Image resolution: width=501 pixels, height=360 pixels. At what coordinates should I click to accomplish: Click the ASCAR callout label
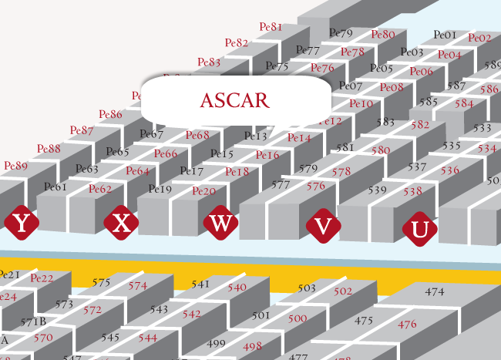coord(235,100)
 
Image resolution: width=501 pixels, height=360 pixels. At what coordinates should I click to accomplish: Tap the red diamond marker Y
coord(22,224)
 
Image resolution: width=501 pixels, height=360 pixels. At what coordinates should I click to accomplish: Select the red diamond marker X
coord(121,223)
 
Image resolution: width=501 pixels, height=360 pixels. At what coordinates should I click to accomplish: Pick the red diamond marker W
coord(221,224)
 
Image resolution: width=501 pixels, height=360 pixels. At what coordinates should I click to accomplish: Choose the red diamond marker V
coord(324,226)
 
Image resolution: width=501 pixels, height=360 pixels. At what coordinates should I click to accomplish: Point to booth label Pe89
coord(15,166)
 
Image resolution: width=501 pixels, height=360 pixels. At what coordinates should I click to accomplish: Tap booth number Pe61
coord(55,187)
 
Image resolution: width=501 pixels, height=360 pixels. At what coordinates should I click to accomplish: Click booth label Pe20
coord(203,191)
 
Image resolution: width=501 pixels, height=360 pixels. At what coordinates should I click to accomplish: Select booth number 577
coord(281,185)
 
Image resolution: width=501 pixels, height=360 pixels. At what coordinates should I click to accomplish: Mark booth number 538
coord(412,191)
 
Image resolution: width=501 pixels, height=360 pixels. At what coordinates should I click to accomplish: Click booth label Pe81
coord(271,27)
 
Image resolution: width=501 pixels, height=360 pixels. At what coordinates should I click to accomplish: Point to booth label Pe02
coord(479,38)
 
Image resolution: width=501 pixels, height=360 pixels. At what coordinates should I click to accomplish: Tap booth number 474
coord(435,292)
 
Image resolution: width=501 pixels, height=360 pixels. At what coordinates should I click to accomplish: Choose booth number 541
coord(200,284)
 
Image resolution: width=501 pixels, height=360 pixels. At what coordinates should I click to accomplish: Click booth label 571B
coord(34,321)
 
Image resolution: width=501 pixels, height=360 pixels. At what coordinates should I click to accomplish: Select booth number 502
coord(342,291)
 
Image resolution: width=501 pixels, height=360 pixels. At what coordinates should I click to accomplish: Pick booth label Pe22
coord(42,278)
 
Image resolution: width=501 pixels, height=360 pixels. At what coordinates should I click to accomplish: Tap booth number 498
coord(252,346)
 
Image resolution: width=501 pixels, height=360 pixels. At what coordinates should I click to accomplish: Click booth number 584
coord(464,103)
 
